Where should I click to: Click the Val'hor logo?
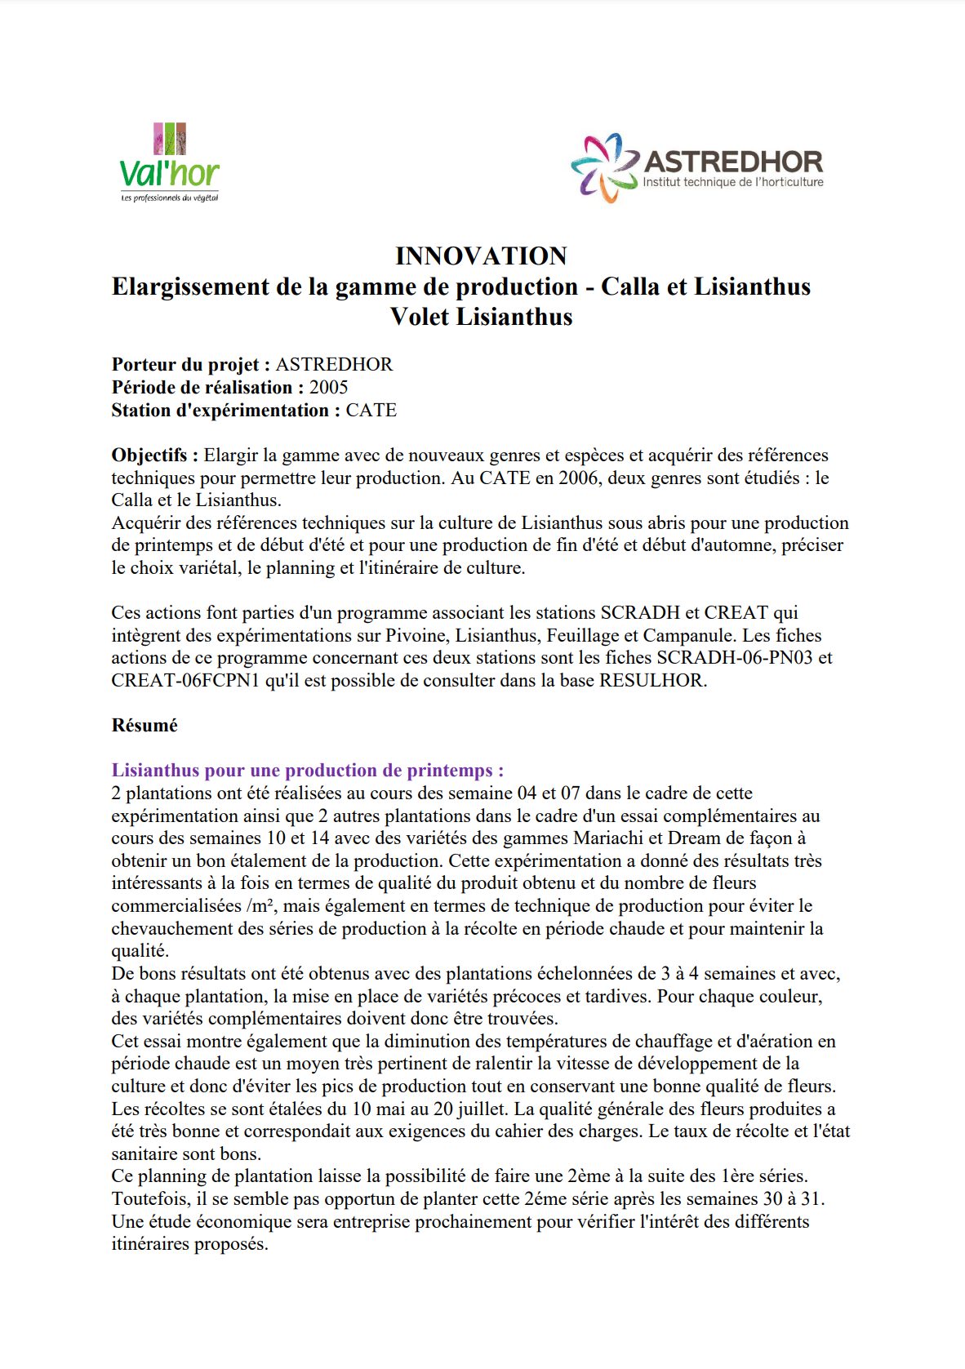pyautogui.click(x=170, y=163)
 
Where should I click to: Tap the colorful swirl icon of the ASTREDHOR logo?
pyautogui.click(x=604, y=167)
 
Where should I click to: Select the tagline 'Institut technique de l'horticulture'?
pyautogui.click(x=733, y=182)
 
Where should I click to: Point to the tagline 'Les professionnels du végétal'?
pyautogui.click(x=170, y=198)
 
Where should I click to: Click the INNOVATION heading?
pyautogui.click(x=481, y=256)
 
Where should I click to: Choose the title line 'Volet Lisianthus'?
pyautogui.click(x=481, y=317)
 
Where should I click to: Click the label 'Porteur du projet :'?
pyautogui.click(x=191, y=365)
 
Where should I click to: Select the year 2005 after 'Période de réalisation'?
pyautogui.click(x=328, y=388)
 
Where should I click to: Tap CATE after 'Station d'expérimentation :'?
pyautogui.click(x=371, y=411)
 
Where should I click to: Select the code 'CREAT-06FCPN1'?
pyautogui.click(x=185, y=681)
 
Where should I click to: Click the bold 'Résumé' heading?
pyautogui.click(x=145, y=726)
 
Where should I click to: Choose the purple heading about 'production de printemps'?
pyautogui.click(x=308, y=771)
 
